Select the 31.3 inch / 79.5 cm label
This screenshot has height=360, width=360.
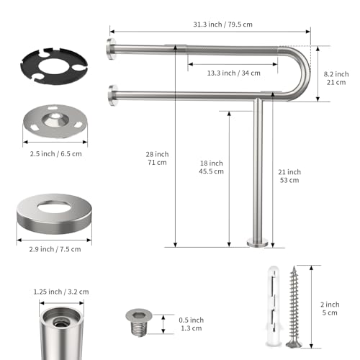(x=222, y=24)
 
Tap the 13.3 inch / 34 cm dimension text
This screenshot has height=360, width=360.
(x=233, y=73)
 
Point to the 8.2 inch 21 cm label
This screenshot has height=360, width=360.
(x=336, y=78)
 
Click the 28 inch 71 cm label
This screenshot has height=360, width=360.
(x=157, y=158)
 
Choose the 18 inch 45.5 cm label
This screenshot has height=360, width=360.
(x=211, y=167)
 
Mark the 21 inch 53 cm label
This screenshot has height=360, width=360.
(x=289, y=176)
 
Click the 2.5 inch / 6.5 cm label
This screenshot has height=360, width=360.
(x=55, y=153)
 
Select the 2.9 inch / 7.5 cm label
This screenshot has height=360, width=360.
(x=55, y=249)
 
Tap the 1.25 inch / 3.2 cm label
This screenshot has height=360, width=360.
(x=61, y=292)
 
